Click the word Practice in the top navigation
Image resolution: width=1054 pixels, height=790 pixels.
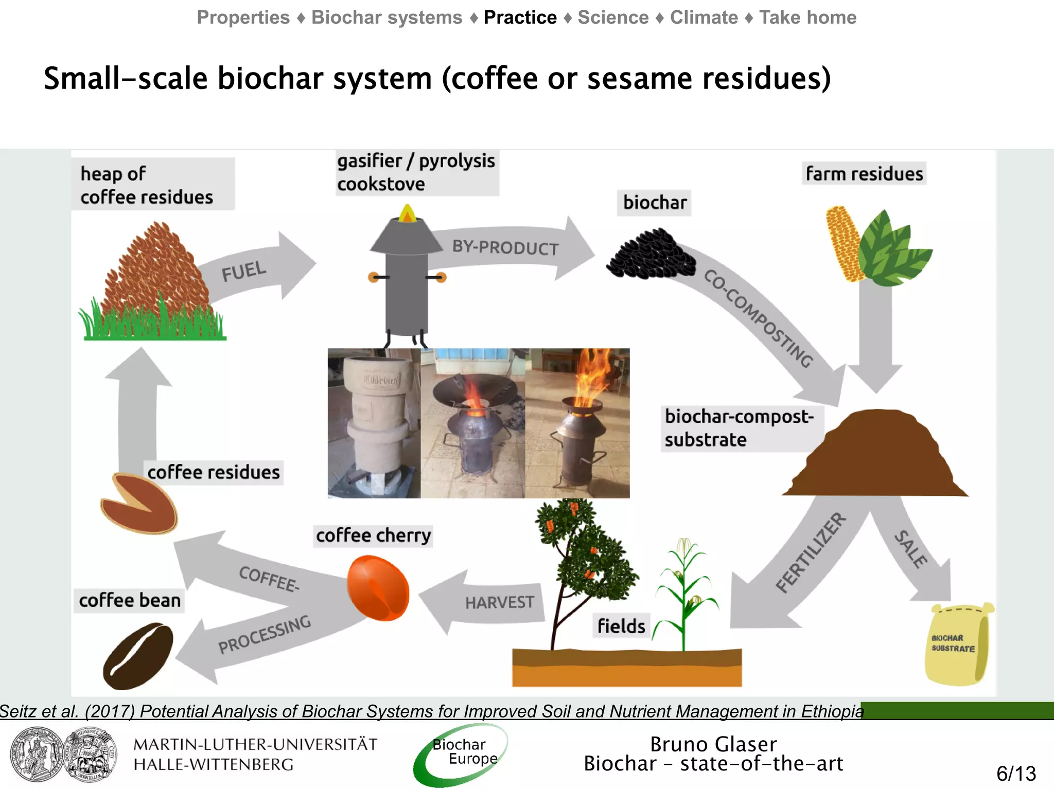[520, 17]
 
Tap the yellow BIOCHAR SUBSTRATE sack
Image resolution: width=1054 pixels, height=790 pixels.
[957, 645]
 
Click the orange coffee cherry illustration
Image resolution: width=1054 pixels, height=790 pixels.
[378, 588]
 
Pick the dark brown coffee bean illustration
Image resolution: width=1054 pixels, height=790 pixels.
[138, 656]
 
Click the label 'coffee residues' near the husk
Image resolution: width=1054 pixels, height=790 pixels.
[213, 472]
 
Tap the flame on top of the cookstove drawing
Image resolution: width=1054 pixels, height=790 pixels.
[408, 213]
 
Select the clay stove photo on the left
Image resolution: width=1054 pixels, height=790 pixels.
[374, 423]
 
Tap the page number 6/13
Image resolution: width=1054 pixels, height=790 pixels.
[1016, 774]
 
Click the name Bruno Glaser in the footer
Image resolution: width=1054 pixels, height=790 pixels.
[713, 744]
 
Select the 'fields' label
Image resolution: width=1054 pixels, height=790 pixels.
[621, 626]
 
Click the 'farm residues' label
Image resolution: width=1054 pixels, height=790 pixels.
[864, 174]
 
